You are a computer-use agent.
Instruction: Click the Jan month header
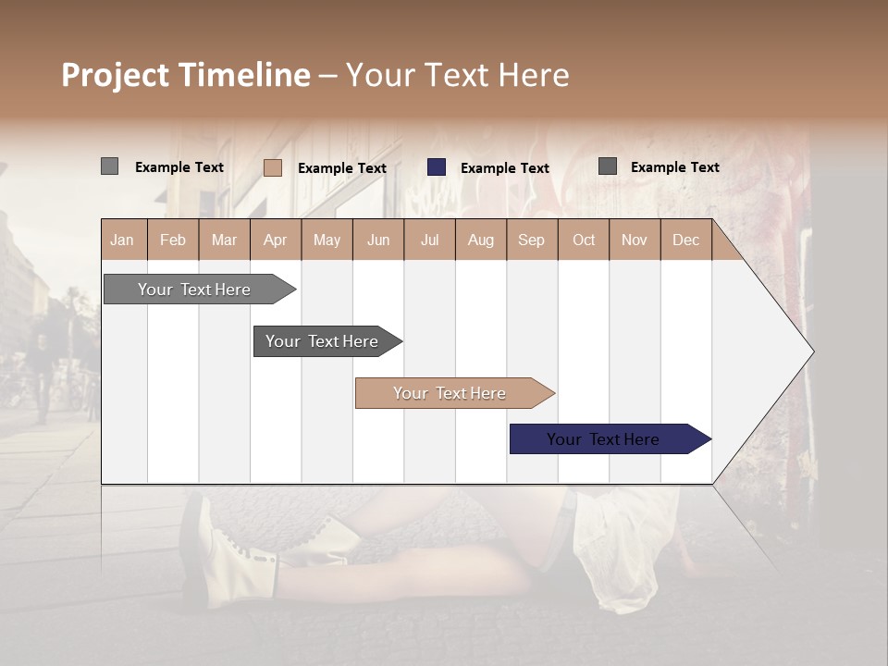[122, 240]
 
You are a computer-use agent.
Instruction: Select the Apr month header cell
[275, 240]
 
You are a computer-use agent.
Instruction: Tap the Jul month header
[429, 240]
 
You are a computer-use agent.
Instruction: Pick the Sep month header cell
[531, 240]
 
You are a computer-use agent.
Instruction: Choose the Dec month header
[685, 240]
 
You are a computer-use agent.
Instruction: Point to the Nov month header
[634, 240]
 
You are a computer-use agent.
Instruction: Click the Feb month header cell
[173, 240]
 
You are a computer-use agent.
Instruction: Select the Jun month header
[377, 240]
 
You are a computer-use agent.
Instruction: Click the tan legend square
[272, 167]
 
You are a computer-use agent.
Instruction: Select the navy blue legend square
[437, 167]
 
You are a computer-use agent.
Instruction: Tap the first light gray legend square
[109, 166]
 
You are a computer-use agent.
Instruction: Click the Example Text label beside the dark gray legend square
[674, 167]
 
